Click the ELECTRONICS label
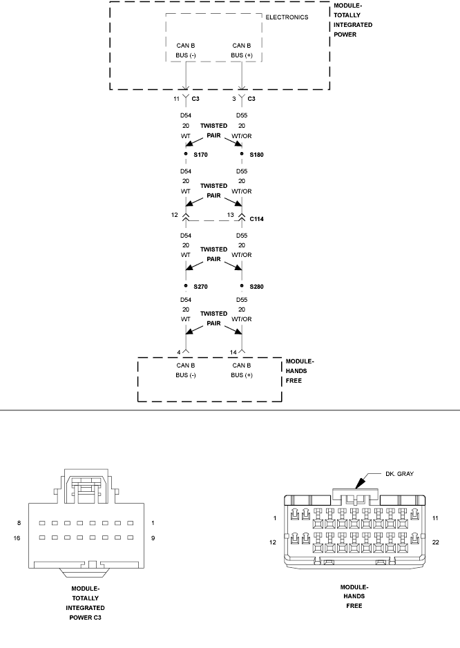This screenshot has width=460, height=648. pyautogui.click(x=287, y=17)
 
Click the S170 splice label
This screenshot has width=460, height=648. pyautogui.click(x=200, y=155)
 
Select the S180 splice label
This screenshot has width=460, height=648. pyautogui.click(x=257, y=155)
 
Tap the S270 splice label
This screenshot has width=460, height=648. pyautogui.click(x=200, y=287)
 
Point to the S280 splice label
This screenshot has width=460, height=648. pyautogui.click(x=257, y=287)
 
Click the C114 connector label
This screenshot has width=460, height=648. pyautogui.click(x=257, y=219)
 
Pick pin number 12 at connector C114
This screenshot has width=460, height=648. pyautogui.click(x=175, y=215)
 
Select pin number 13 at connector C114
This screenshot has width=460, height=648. pyautogui.click(x=230, y=215)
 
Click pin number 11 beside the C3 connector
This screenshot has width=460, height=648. pyautogui.click(x=177, y=99)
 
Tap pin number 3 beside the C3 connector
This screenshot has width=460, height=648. pyautogui.click(x=234, y=99)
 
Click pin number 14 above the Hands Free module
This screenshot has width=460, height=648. pyautogui.click(x=233, y=352)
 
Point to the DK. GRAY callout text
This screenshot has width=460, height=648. pyautogui.click(x=400, y=474)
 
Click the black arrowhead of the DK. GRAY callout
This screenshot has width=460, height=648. pyautogui.click(x=361, y=482)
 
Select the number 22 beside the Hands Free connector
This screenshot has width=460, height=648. pyautogui.click(x=436, y=542)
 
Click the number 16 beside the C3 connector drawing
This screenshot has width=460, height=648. pyautogui.click(x=17, y=538)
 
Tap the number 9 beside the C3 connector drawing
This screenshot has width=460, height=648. pyautogui.click(x=153, y=538)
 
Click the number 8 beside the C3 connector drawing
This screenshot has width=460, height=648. pyautogui.click(x=19, y=523)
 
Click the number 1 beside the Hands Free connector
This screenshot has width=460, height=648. pyautogui.click(x=275, y=518)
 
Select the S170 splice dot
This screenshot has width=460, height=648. pyautogui.click(x=186, y=154)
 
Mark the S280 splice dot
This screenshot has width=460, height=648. pyautogui.click(x=242, y=285)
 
